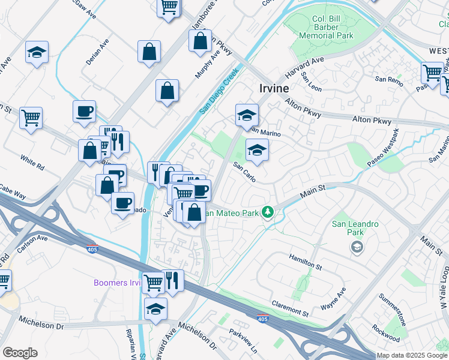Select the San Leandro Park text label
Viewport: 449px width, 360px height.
coord(355,228)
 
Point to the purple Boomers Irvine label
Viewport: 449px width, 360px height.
coord(117,283)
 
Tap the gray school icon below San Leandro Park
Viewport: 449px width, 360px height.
coord(357,247)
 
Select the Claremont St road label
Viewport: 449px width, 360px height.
coord(290,308)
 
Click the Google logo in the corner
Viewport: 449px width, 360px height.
coord(20,353)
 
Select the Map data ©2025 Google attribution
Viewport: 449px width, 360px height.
coord(411,355)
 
